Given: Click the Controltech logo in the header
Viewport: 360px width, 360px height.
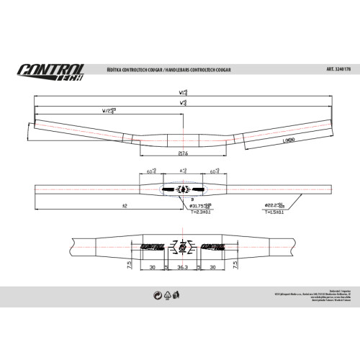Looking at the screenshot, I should click(x=51, y=71).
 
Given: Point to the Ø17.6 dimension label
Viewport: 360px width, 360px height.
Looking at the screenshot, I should click(x=182, y=153).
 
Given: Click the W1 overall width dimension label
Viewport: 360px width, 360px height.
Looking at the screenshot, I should click(x=182, y=92).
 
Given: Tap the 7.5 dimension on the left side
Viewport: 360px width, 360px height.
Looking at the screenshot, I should click(x=128, y=264).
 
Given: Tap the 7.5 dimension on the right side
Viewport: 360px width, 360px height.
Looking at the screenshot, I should click(x=236, y=264).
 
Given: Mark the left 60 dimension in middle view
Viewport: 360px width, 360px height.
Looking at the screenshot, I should click(x=152, y=172).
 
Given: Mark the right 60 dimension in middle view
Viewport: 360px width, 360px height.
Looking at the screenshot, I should click(x=214, y=172).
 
